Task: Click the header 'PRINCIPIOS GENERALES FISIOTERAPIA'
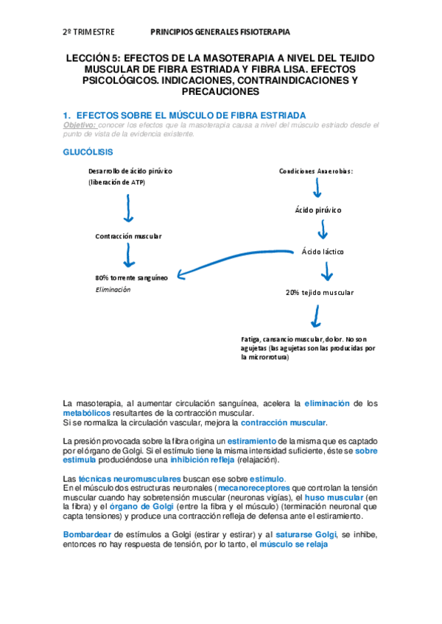[x=220, y=32]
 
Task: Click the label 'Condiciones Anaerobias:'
[x=316, y=171]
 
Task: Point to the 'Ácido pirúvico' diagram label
[x=318, y=210]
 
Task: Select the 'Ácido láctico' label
[x=323, y=252]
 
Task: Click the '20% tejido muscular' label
[x=320, y=292]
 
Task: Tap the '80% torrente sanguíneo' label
[x=131, y=277]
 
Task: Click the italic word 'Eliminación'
[x=113, y=290]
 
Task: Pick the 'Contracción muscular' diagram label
[x=128, y=236]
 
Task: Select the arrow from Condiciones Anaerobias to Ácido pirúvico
[x=317, y=190]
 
